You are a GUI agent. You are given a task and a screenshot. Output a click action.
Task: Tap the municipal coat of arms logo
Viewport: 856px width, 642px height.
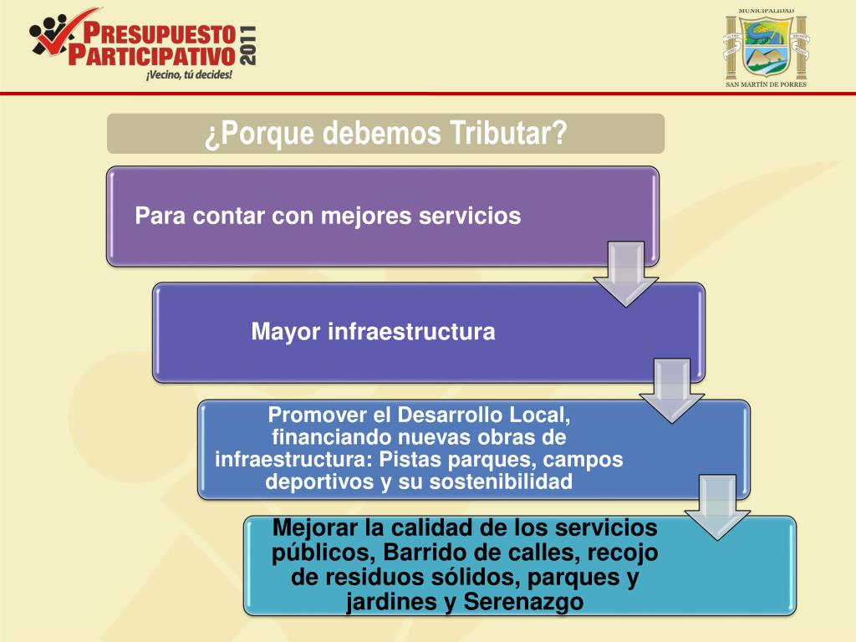click(x=766, y=46)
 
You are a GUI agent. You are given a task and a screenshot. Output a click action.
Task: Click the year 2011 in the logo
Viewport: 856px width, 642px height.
click(x=248, y=45)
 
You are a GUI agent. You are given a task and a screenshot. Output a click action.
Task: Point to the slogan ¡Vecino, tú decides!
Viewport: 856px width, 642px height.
click(x=189, y=74)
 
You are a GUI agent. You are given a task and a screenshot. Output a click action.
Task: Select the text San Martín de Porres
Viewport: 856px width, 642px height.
click(x=767, y=84)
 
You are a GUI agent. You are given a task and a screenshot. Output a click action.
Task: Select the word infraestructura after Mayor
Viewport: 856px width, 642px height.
click(x=411, y=332)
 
